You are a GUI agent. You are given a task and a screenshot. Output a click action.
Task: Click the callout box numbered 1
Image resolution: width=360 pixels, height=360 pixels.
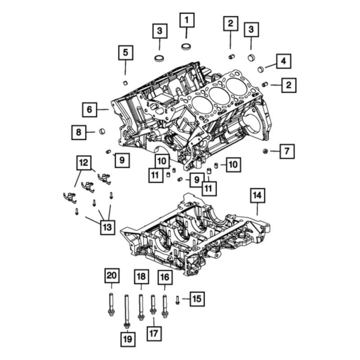(188, 20)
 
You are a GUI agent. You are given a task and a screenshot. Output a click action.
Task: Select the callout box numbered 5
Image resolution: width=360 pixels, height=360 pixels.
(126, 53)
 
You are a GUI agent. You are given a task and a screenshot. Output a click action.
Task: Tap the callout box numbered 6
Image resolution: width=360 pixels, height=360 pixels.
(90, 109)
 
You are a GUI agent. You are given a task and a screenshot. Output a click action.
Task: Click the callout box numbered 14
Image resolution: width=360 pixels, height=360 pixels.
(257, 195)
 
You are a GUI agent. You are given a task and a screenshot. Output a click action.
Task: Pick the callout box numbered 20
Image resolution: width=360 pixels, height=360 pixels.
(111, 274)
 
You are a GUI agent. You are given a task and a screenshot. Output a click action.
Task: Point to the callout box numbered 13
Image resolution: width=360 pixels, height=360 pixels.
(107, 227)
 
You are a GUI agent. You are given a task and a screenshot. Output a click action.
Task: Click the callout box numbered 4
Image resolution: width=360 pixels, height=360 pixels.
(283, 61)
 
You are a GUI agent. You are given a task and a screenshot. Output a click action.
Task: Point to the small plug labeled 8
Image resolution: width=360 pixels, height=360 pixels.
(103, 131)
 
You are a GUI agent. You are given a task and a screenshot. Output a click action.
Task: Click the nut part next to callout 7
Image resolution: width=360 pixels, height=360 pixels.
(266, 151)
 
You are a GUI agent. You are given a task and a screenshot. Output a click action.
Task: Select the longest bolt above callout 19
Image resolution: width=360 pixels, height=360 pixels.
(127, 310)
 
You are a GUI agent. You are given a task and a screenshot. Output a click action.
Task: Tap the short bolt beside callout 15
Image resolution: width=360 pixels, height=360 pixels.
(177, 299)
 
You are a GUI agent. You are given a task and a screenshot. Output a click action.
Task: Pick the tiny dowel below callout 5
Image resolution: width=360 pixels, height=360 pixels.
(126, 82)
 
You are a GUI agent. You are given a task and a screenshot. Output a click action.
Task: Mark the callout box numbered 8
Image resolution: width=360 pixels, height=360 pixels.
(79, 132)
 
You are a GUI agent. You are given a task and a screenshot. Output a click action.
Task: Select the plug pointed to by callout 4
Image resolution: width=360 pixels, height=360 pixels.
(260, 69)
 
